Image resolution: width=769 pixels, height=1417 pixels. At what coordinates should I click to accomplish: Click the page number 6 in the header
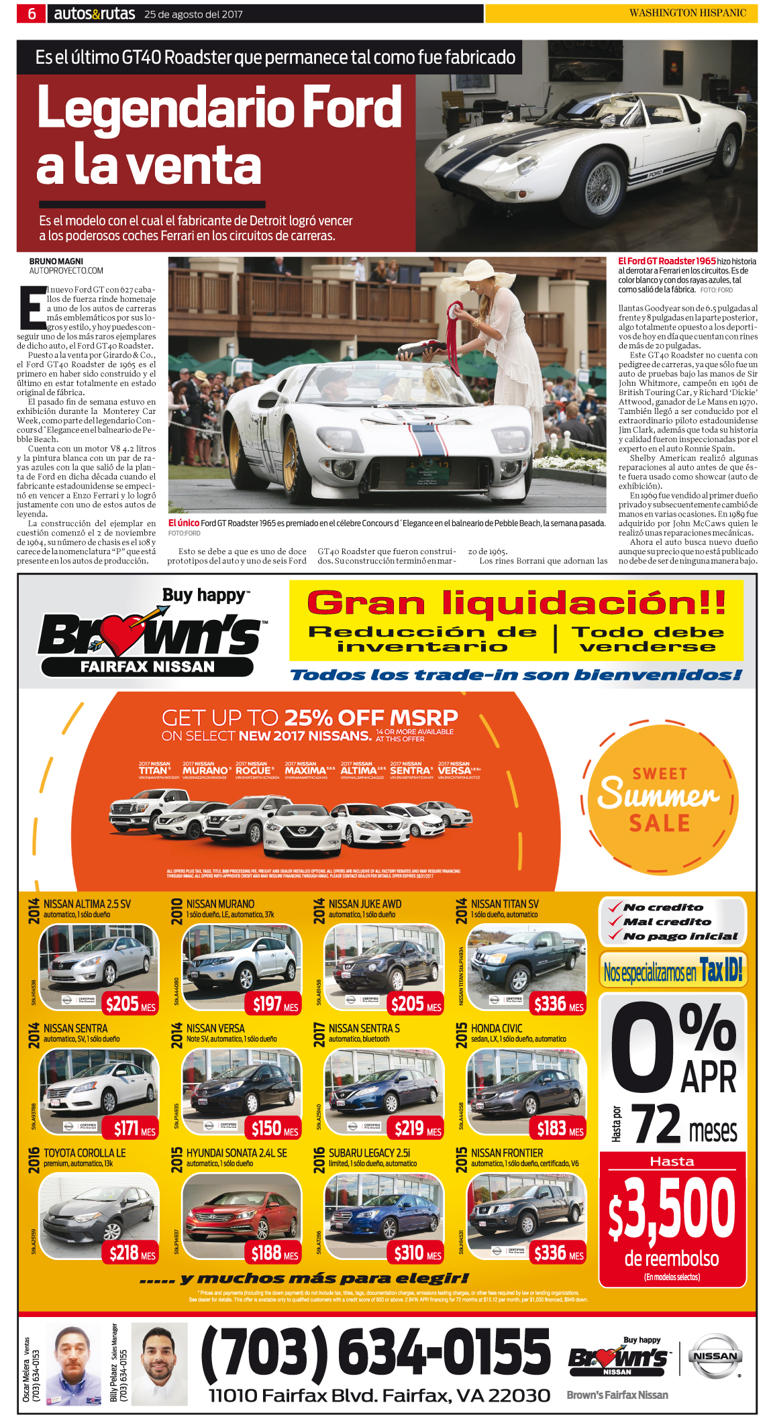point(32,13)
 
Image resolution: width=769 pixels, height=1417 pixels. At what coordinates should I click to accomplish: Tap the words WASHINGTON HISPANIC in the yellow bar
point(687,13)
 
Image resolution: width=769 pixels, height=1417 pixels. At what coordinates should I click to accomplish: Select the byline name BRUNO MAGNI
point(56,261)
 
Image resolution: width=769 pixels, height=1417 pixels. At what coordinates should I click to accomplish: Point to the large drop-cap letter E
point(32,308)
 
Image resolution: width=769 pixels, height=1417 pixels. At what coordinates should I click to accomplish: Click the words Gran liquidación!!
point(516,602)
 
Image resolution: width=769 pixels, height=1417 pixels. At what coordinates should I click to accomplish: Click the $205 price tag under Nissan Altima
point(130,1004)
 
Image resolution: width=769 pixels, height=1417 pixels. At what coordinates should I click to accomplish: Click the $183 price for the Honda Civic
point(559,1129)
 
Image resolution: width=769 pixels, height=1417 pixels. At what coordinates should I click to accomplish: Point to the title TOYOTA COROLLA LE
point(85,1153)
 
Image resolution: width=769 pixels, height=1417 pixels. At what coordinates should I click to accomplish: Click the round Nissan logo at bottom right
point(715,1356)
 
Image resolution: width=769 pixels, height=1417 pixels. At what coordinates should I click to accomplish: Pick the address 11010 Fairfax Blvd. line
point(379,1395)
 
